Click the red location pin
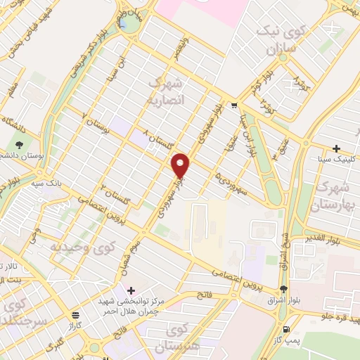(181, 165)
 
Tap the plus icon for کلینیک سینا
(337, 148)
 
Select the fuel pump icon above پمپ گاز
(285, 330)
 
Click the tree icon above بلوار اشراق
(283, 290)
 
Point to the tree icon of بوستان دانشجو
(16, 155)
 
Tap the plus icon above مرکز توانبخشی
(131, 290)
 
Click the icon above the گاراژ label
(75, 315)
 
